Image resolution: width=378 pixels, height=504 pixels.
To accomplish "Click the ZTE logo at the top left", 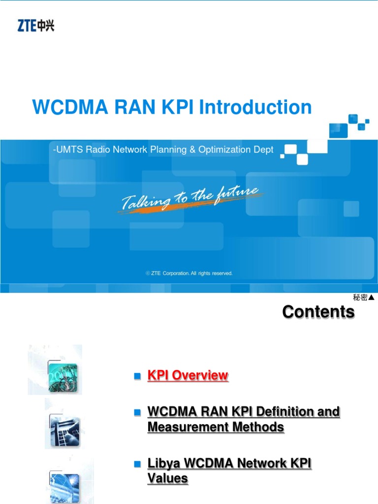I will click(35, 25).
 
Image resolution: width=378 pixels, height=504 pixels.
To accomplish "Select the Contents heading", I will click(318, 312).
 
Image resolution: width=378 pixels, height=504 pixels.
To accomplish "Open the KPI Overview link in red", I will click(188, 376).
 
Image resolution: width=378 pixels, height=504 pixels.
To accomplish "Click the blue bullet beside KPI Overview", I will click(138, 376).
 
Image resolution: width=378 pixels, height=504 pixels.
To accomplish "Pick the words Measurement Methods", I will click(216, 427).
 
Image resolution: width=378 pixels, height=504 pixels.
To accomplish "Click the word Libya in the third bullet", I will click(165, 463).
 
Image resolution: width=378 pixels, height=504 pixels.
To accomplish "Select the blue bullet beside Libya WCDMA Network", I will click(138, 463).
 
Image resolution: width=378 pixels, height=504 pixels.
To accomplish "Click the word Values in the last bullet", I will click(167, 478).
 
